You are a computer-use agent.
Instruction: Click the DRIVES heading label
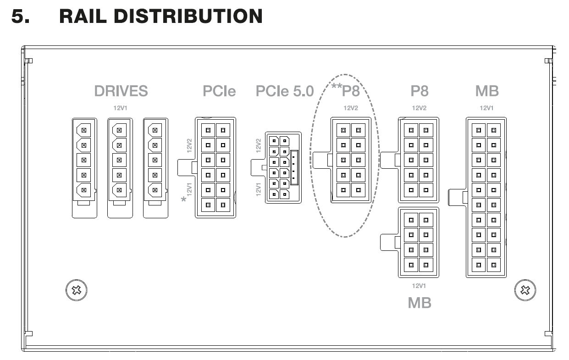[121, 91]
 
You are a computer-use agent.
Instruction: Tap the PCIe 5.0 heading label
[285, 91]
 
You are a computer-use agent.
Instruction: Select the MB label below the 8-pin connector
[420, 303]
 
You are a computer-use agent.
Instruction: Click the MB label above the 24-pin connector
[487, 91]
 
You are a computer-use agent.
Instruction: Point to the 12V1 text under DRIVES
[120, 108]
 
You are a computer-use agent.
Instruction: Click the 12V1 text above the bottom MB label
[419, 286]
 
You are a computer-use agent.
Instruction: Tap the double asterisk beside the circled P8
[337, 86]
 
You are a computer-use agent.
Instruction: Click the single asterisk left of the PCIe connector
[183, 199]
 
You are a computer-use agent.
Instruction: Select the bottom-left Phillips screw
[77, 290]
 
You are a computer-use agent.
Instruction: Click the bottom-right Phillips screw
[525, 290]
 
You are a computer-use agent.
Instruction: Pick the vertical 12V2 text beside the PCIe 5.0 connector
[258, 145]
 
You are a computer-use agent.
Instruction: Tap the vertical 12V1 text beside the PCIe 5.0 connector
[258, 189]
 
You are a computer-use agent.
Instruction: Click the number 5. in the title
[20, 16]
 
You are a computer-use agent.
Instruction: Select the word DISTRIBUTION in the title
[188, 16]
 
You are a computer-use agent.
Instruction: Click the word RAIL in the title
[83, 16]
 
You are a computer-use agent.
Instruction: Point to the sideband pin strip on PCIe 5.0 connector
[294, 168]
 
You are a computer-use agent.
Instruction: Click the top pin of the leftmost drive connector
[83, 130]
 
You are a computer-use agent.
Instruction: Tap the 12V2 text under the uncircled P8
[419, 108]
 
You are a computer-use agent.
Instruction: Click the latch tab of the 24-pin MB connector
[457, 197]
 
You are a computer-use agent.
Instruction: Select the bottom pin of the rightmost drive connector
[155, 190]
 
